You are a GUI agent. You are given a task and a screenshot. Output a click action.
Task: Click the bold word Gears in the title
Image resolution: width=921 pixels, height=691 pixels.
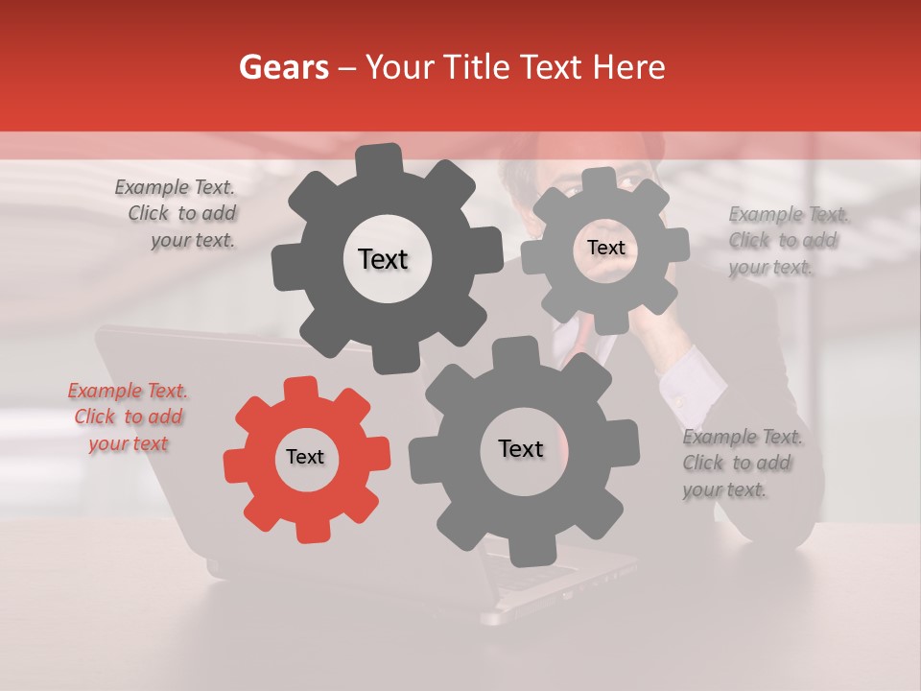pos(283,67)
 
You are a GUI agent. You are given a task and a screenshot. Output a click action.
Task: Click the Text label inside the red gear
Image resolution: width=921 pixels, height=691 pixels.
pos(305,458)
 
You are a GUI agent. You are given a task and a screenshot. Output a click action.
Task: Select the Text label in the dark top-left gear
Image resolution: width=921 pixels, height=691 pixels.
pos(383,259)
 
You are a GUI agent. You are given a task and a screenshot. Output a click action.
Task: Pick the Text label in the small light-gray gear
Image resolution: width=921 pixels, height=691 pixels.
pos(605,248)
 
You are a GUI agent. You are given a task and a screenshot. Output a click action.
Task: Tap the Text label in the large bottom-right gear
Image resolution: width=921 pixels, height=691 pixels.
pos(521,449)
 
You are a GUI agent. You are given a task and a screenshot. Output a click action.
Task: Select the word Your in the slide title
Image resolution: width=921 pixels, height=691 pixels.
pos(392,67)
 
